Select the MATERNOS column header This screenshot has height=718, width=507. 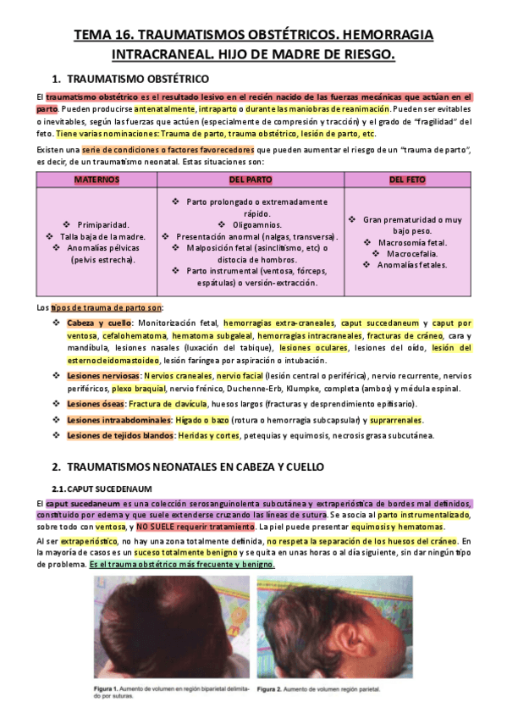(x=96, y=180)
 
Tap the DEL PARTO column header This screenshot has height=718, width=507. (x=251, y=180)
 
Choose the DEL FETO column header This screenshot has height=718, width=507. (x=406, y=180)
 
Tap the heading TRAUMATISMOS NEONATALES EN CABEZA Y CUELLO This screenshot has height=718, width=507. (x=194, y=467)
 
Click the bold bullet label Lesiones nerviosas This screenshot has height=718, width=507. (x=104, y=374)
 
